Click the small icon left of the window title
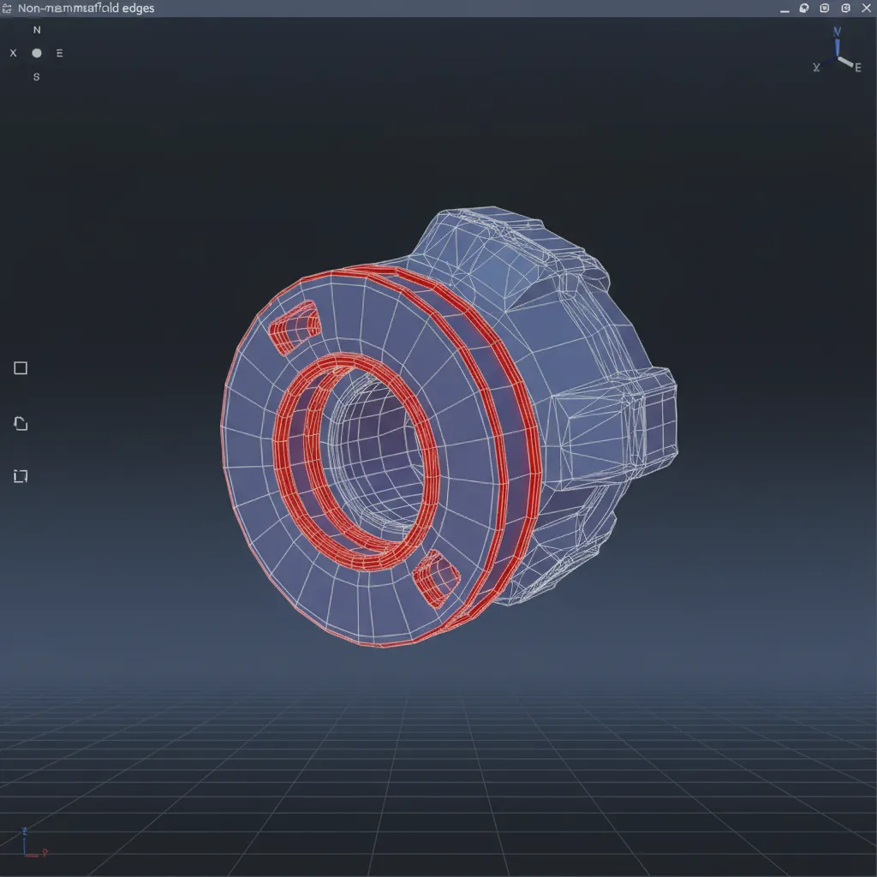(7, 8)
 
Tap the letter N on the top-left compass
(36, 29)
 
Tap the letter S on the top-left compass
(36, 76)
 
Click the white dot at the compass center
(36, 53)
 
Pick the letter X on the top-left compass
(13, 53)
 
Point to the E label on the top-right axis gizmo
(857, 68)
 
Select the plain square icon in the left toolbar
(21, 368)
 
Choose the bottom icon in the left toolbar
(21, 476)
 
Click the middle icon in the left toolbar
(21, 423)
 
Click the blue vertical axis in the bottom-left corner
(26, 841)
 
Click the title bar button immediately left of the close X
(845, 8)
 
